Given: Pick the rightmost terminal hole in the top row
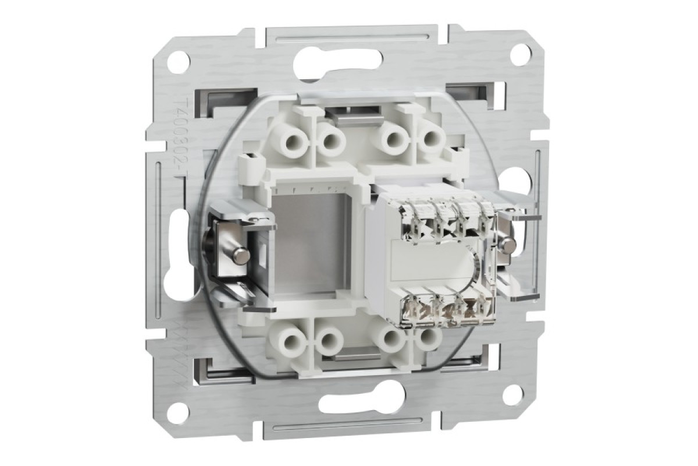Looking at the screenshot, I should click(x=430, y=139).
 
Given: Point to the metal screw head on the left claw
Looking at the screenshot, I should click(x=238, y=255).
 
